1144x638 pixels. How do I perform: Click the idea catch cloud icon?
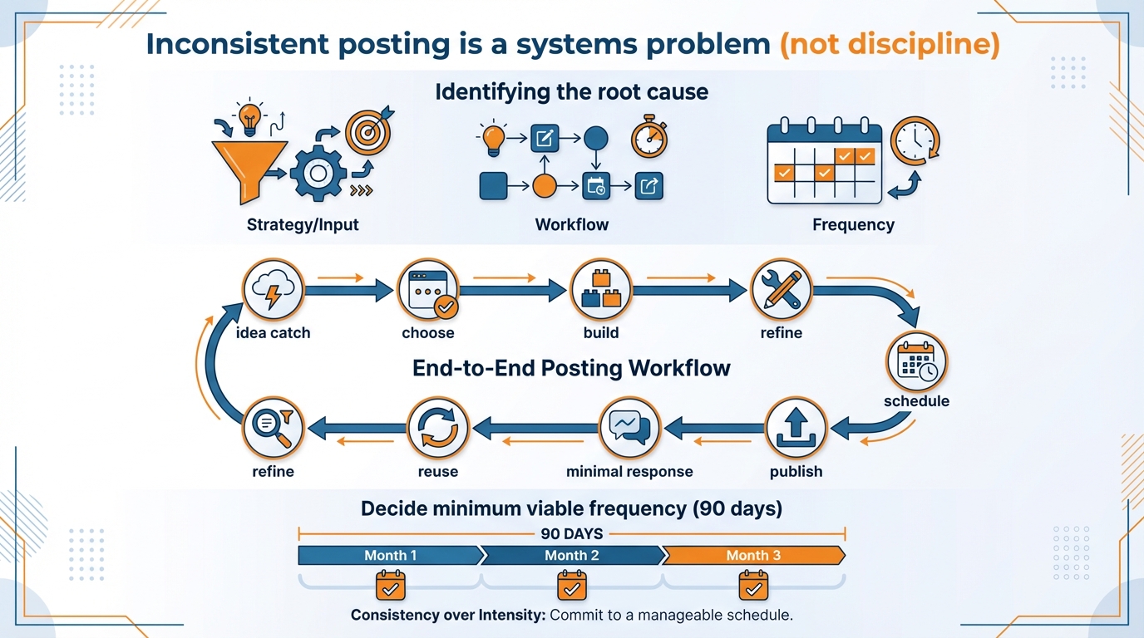273,290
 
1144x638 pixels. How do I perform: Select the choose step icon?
428,290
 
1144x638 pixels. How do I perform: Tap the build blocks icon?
601,290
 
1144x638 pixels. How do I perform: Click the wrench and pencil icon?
781,290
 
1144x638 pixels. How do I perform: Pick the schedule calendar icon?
916,361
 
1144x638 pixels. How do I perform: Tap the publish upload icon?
796,429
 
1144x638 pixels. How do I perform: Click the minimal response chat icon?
629,429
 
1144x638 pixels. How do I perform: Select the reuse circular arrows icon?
437,429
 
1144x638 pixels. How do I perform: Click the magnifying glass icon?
274,429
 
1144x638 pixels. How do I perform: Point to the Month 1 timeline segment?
390,555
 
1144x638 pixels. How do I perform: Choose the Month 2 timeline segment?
572,555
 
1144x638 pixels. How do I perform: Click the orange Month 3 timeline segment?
753,555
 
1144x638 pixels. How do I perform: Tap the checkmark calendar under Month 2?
571,586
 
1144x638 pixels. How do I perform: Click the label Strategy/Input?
303,224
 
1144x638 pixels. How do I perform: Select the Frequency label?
853,224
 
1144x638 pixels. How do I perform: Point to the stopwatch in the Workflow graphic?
648,138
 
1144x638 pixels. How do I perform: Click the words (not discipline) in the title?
889,44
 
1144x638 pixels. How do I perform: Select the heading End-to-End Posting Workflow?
571,368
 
